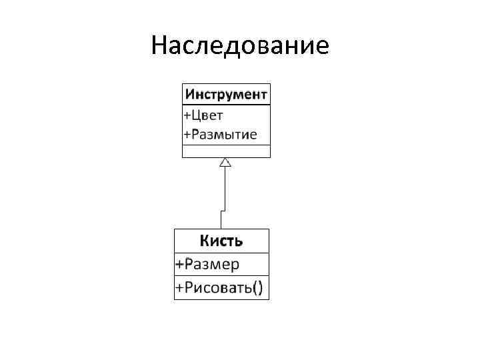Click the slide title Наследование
[x=240, y=46]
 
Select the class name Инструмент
[x=227, y=93]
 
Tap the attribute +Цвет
[x=203, y=115]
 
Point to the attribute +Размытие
[x=219, y=135]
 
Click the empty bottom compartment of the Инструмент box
[x=227, y=151]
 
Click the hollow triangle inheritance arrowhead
[x=225, y=162]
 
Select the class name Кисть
[x=221, y=241]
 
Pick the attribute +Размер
[x=207, y=264]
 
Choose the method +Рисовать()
[x=219, y=288]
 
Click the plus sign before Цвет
[x=187, y=115]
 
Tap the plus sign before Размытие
[x=187, y=135]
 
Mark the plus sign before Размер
[x=179, y=265]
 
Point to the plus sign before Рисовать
[x=179, y=288]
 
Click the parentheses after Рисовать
[x=257, y=288]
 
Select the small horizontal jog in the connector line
[x=223, y=210]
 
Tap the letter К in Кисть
[x=205, y=241]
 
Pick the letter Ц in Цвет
[x=195, y=115]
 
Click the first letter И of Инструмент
[x=189, y=93]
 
